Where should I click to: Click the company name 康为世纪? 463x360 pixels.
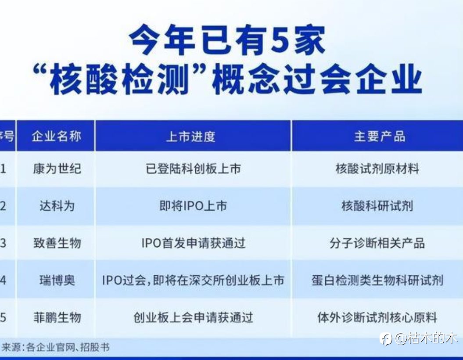57,169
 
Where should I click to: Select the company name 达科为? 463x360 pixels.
57,206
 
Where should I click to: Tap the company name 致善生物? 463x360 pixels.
57,243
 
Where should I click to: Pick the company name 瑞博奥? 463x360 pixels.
57,280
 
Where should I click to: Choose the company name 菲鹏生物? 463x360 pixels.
57,317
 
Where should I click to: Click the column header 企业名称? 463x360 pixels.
56,137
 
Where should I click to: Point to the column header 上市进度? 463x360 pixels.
191,137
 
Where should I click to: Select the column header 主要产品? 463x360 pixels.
380,137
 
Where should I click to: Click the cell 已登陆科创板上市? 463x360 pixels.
194,169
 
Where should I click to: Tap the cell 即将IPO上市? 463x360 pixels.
193,206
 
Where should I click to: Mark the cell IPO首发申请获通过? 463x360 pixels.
194,243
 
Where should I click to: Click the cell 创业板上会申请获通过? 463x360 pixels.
194,317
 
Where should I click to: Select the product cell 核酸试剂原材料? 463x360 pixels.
377,169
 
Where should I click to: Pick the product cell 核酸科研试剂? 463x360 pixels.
377,206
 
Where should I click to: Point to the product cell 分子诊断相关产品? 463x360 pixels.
377,243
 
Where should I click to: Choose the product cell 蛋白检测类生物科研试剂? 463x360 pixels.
377,280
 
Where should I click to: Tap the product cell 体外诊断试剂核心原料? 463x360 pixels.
377,317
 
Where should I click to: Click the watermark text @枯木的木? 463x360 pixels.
427,338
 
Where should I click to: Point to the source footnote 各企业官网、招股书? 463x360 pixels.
68,347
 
